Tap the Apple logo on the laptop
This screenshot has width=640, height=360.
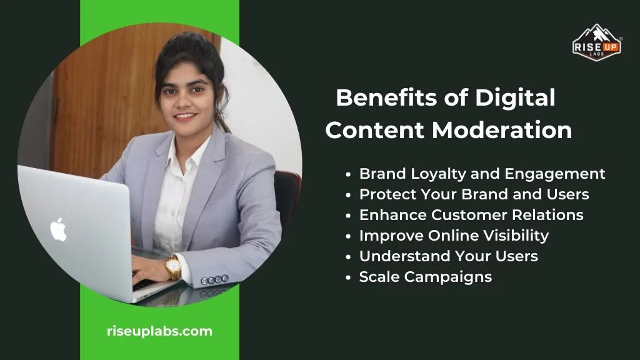pos(58,230)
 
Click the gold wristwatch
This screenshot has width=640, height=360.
pos(173,267)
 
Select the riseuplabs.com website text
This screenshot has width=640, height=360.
pos(159,331)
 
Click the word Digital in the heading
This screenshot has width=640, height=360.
pos(515,98)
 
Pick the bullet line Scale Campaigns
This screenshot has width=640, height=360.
pos(425,276)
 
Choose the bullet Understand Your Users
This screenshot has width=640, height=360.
pos(448,256)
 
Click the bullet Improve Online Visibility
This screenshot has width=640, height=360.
pos(454,235)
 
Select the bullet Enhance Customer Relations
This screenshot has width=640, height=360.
pos(471,214)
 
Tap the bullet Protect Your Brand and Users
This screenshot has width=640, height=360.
pos(474,194)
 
